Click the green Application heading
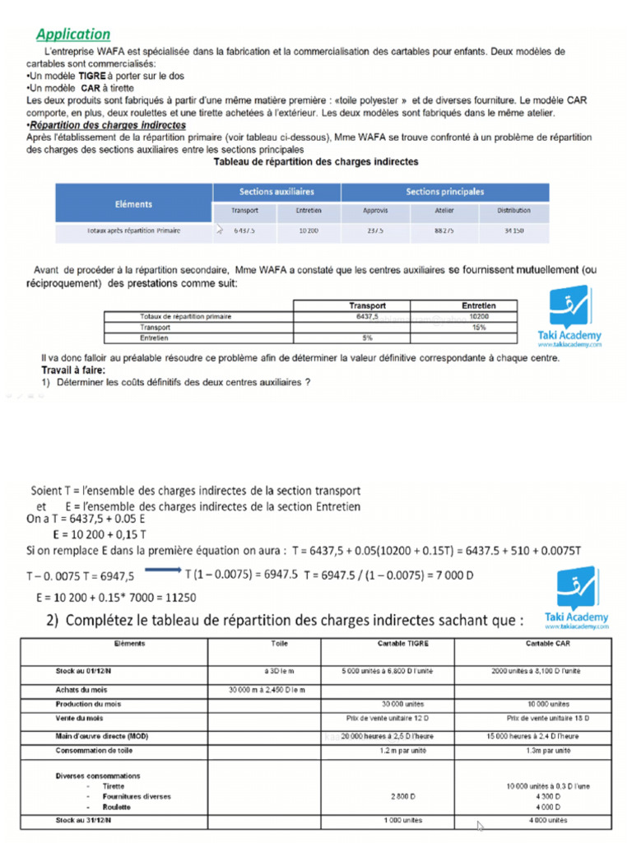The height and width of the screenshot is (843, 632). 73,34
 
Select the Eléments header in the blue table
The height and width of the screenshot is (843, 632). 132,203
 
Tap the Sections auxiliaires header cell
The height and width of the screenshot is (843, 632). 276,192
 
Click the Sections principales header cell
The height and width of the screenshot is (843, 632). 444,192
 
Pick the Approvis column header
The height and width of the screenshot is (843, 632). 375,211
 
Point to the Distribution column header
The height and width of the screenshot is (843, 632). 513,211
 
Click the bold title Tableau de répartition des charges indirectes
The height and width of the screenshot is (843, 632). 316,162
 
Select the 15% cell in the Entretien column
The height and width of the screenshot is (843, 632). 479,327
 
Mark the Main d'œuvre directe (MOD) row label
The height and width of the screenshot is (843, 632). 102,735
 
